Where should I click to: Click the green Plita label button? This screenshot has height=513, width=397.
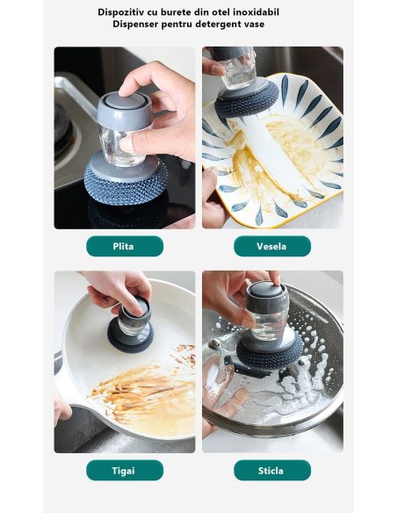[x=125, y=246]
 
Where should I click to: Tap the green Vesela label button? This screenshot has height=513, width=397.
[x=272, y=246]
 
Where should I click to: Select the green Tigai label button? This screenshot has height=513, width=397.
[x=125, y=470]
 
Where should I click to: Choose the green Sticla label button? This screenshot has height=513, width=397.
[x=272, y=470]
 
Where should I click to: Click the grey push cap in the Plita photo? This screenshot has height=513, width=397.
[x=125, y=110]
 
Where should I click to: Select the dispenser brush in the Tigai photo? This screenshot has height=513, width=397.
[x=131, y=325]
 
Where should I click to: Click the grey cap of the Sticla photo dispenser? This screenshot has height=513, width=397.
[x=266, y=296]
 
